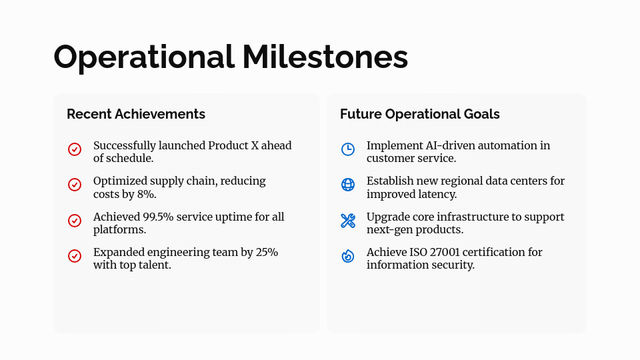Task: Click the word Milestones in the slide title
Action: point(325,57)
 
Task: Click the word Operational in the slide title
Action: point(144,57)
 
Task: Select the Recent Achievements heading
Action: point(136,114)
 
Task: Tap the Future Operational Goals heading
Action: point(419,114)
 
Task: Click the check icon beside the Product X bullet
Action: point(75,149)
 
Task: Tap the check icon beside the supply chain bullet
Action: point(75,185)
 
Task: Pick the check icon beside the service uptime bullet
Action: point(75,221)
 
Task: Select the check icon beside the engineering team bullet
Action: point(75,256)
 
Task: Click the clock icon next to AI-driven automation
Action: point(348,149)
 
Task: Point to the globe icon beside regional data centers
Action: point(348,185)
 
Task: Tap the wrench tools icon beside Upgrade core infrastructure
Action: point(348,221)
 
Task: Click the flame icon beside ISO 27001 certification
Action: point(348,256)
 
